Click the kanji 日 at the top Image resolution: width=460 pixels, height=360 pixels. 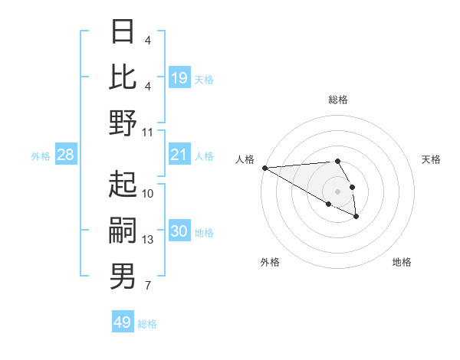(x=123, y=32)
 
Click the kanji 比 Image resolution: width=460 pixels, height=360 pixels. (x=123, y=78)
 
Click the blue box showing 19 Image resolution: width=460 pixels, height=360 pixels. (x=179, y=78)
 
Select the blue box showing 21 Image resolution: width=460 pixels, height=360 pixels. (x=179, y=155)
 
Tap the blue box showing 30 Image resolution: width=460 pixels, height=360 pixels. (x=179, y=231)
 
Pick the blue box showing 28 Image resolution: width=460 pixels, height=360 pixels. (x=66, y=155)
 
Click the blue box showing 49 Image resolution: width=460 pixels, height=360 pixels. (x=123, y=322)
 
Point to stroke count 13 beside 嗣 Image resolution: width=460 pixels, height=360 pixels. (x=148, y=240)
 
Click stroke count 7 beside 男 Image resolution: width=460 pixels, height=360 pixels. (x=148, y=286)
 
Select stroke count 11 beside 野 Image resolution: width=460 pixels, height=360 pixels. (x=148, y=133)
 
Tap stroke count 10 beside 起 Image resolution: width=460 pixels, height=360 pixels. (x=148, y=194)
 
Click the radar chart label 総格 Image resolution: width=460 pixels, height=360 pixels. (x=338, y=100)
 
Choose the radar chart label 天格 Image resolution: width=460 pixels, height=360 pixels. (x=432, y=159)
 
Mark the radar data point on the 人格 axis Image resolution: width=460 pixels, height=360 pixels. (x=264, y=168)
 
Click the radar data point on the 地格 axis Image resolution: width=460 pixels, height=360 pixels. (x=356, y=218)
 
